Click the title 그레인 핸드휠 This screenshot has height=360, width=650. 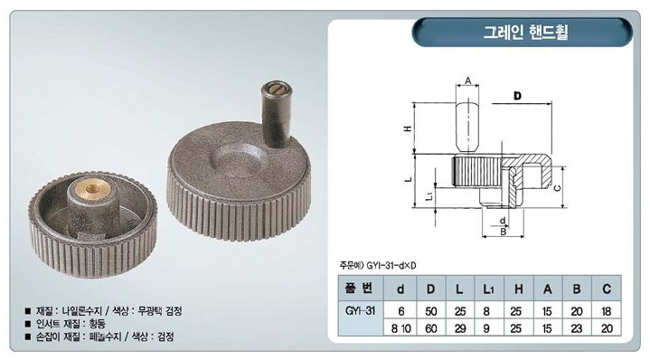pos(525,32)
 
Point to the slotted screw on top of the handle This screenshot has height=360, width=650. pos(276,88)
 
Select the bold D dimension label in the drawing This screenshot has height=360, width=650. pos(517,96)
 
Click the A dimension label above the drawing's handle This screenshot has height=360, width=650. pos(467,81)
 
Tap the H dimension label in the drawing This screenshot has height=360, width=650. pos(408,128)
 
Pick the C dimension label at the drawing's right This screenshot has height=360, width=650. pos(557,188)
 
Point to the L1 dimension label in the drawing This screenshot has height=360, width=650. pos(429,195)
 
